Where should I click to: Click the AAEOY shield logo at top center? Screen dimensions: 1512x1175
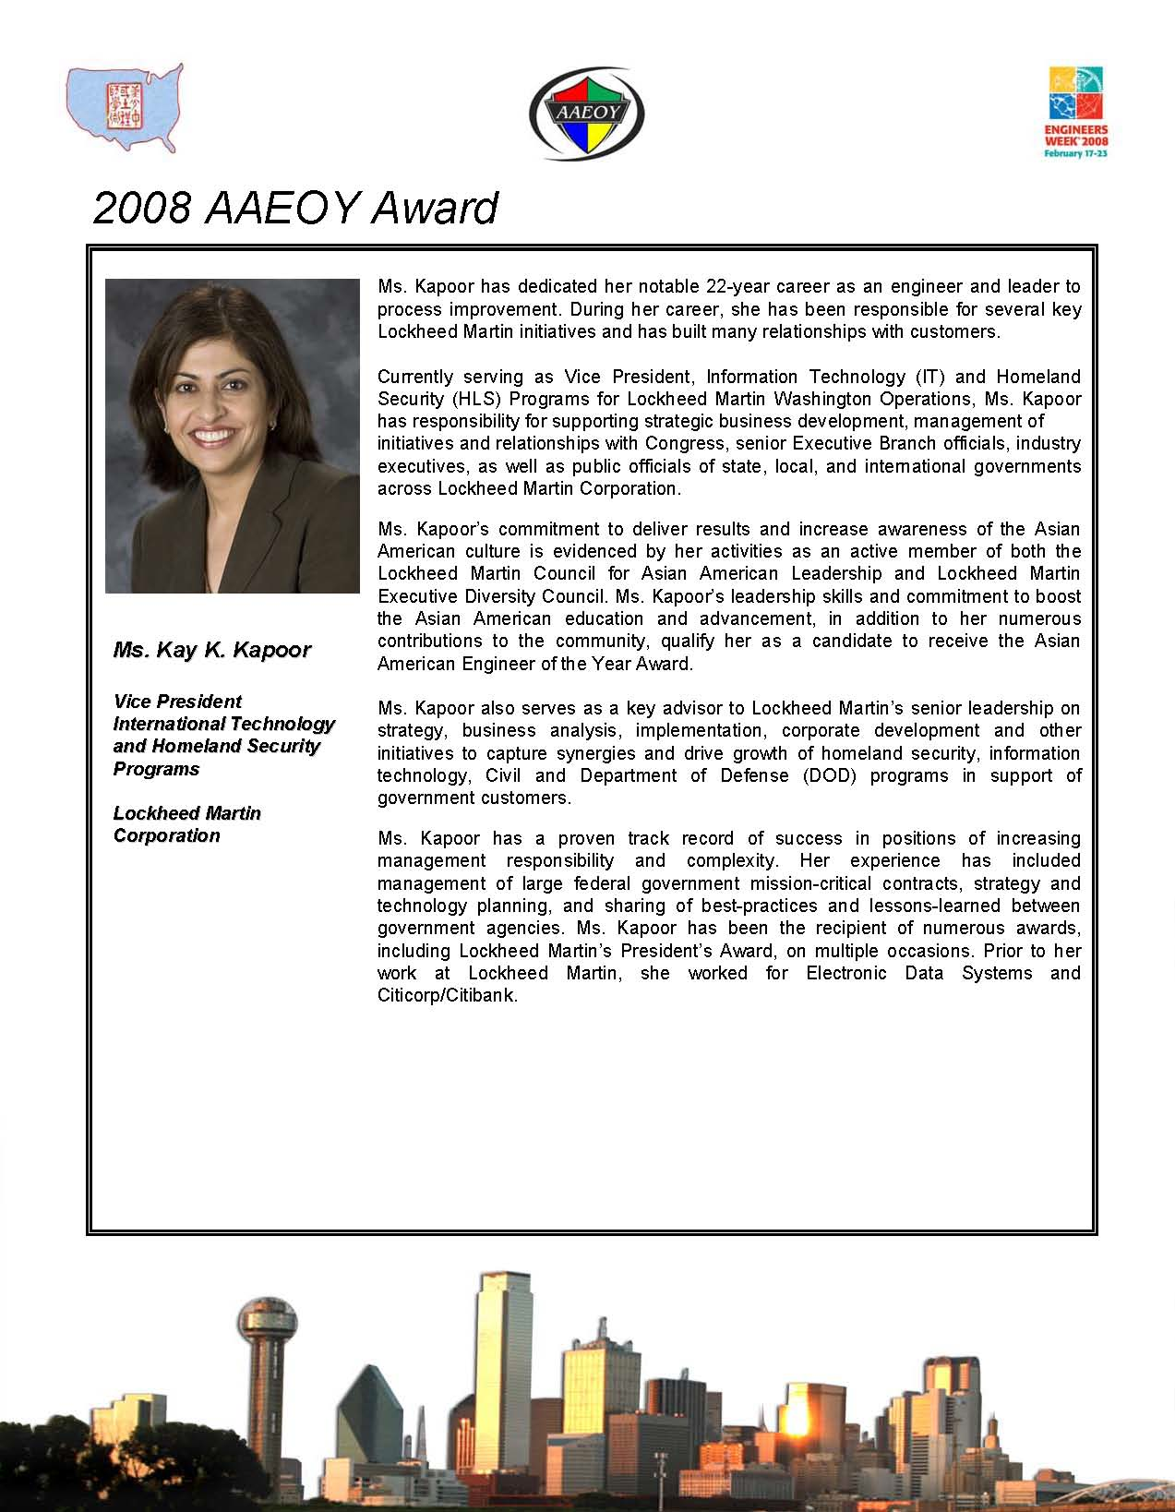(586, 114)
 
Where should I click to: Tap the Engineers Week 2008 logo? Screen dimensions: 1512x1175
(1076, 112)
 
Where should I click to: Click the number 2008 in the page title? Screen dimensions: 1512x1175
(142, 209)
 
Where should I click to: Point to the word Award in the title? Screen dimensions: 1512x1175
(434, 209)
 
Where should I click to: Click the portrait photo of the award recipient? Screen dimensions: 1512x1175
(233, 436)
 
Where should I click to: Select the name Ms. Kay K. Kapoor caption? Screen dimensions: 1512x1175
(212, 650)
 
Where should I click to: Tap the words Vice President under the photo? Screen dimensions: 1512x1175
(177, 702)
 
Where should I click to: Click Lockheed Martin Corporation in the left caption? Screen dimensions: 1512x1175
(186, 824)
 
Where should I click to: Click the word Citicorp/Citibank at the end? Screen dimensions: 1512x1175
(448, 996)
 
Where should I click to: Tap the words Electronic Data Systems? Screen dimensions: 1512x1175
(919, 973)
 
